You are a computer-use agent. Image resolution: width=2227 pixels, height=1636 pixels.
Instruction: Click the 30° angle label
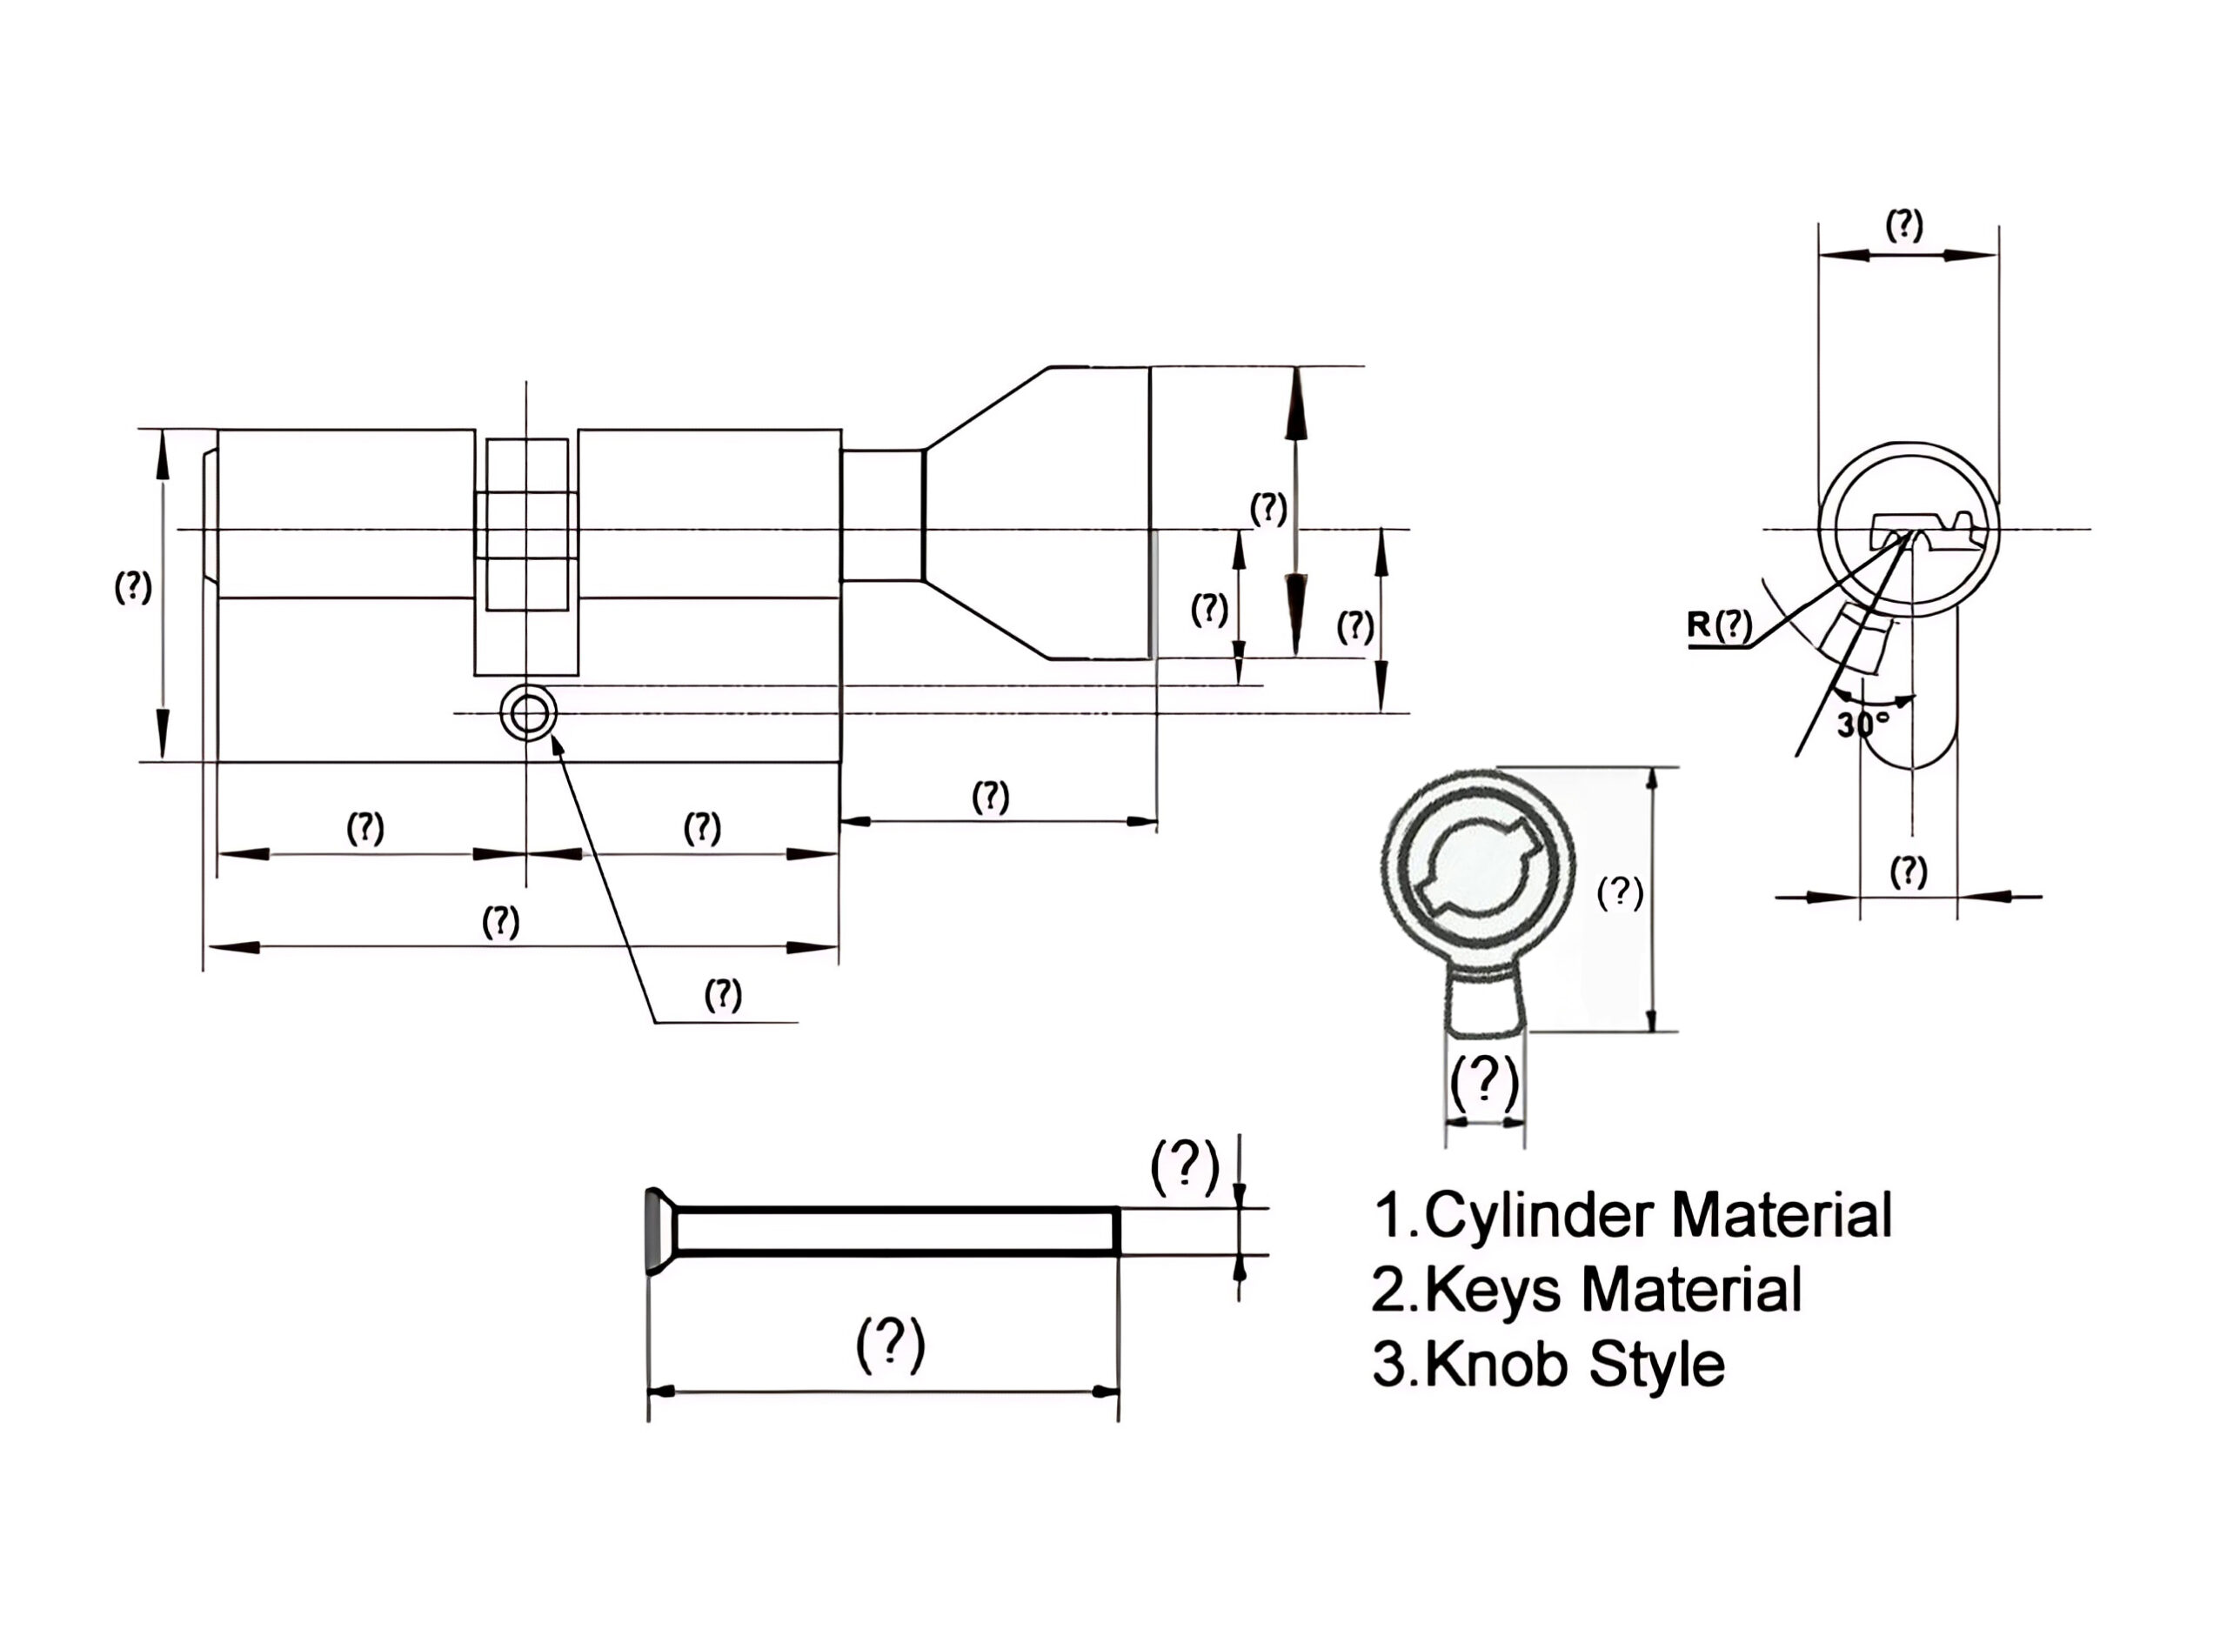[1862, 724]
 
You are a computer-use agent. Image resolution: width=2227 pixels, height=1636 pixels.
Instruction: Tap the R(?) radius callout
[1720, 624]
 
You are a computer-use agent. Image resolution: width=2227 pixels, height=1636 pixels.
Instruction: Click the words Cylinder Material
[1656, 1215]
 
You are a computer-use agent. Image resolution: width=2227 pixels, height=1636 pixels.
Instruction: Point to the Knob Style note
[1574, 1365]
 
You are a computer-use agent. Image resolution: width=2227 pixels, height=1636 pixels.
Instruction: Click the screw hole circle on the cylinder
[528, 712]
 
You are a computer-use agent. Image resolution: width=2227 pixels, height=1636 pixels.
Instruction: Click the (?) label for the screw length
[890, 1344]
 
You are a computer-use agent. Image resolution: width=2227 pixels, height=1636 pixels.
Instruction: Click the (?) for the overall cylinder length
[501, 922]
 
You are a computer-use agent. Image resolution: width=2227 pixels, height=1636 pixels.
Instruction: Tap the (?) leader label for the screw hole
[723, 994]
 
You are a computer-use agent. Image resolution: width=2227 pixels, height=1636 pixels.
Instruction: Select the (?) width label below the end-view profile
[1908, 871]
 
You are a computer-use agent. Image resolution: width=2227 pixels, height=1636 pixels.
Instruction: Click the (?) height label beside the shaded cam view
[1620, 892]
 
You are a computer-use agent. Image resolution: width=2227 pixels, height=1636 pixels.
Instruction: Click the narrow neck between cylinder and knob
[882, 515]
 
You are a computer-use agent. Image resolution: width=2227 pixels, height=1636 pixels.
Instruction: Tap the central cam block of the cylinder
[527, 524]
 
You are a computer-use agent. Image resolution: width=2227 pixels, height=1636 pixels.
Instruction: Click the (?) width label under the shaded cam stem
[1483, 1083]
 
